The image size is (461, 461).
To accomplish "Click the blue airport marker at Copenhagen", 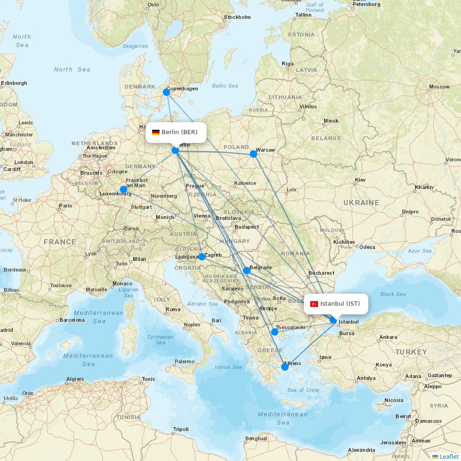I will pyautogui.click(x=166, y=92).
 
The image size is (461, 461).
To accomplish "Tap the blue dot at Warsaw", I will pyautogui.click(x=254, y=154).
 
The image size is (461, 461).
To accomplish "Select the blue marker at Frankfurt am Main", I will pyautogui.click(x=124, y=189).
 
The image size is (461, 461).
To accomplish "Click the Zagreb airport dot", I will pyautogui.click(x=202, y=257).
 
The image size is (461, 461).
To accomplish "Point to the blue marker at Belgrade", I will pyautogui.click(x=247, y=271).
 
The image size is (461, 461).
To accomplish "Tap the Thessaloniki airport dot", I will pyautogui.click(x=275, y=332).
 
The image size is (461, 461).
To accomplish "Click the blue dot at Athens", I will pyautogui.click(x=285, y=367).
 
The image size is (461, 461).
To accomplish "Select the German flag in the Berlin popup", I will pyautogui.click(x=156, y=132).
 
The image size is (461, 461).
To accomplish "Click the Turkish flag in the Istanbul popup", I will pyautogui.click(x=314, y=304).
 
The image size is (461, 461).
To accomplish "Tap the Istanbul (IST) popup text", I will pyautogui.click(x=340, y=303).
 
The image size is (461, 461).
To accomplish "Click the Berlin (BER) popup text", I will pyautogui.click(x=179, y=132).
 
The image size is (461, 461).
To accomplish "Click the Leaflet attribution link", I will pyautogui.click(x=449, y=456).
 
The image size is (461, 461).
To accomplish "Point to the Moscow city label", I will pyautogui.click(x=439, y=87).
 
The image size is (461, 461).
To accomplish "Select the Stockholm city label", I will pyautogui.click(x=237, y=17).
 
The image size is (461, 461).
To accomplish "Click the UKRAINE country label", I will pyautogui.click(x=361, y=203).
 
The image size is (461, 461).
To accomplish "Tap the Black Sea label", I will pyautogui.click(x=393, y=294).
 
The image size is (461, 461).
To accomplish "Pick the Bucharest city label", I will pyautogui.click(x=321, y=273).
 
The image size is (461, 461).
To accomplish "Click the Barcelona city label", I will pyautogui.click(x=72, y=320).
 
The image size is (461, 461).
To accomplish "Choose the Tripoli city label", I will pyautogui.click(x=181, y=429).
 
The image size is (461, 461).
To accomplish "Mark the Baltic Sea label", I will pyautogui.click(x=225, y=86).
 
